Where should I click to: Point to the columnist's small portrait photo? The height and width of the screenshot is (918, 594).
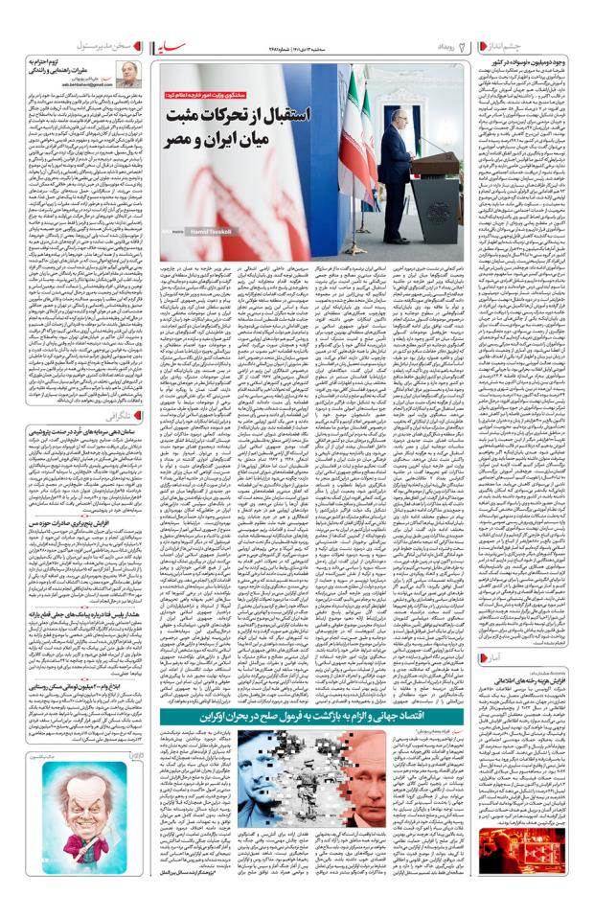pos(125,73)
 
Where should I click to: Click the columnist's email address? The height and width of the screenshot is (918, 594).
pos(83,85)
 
